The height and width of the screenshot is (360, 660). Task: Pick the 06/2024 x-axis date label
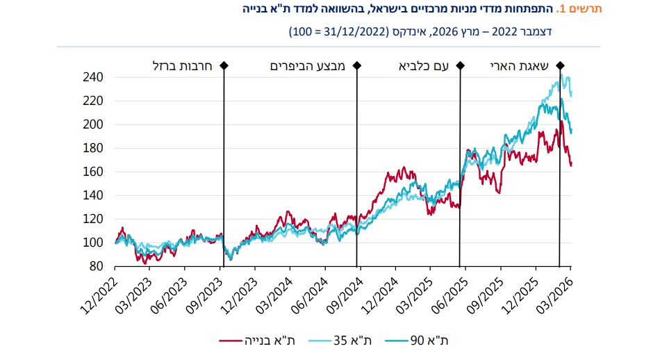point(311,292)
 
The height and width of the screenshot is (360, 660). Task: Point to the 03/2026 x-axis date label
point(556,292)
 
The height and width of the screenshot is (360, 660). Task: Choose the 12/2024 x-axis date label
point(381,292)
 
